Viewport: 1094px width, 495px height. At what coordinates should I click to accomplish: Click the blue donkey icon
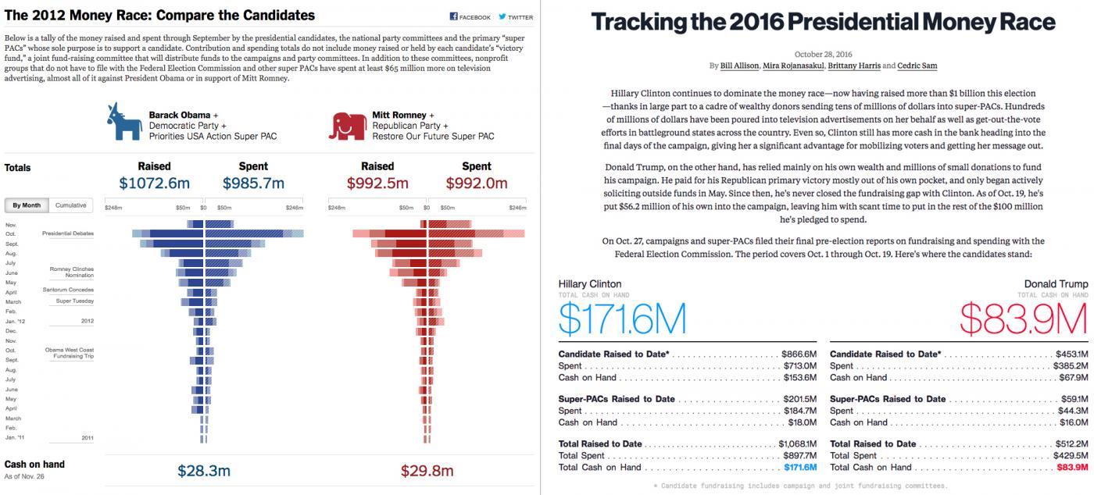click(x=123, y=123)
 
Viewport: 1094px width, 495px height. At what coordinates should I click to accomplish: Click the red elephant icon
click(x=348, y=125)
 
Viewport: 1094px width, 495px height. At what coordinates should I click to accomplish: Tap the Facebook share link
click(x=470, y=16)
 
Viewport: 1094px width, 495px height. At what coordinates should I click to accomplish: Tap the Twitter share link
click(x=516, y=16)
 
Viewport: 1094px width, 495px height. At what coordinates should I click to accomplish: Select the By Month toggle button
click(x=27, y=205)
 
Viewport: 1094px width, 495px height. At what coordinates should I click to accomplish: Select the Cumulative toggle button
click(x=70, y=205)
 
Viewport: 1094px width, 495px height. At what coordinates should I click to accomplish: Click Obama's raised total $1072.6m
click(x=154, y=183)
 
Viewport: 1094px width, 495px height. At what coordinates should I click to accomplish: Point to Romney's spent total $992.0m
click(x=476, y=183)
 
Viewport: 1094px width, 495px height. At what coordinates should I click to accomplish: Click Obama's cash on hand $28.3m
click(x=204, y=471)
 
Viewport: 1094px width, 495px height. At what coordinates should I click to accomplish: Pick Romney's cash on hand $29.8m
click(x=427, y=471)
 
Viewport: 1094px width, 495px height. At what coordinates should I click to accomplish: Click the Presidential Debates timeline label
click(x=68, y=233)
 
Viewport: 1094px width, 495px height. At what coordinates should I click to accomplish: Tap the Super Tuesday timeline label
click(x=74, y=301)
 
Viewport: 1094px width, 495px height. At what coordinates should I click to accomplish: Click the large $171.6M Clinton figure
click(x=622, y=319)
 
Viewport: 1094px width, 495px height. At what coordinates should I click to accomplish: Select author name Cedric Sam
click(x=917, y=66)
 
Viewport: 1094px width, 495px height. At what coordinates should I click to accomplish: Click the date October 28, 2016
click(x=823, y=54)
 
